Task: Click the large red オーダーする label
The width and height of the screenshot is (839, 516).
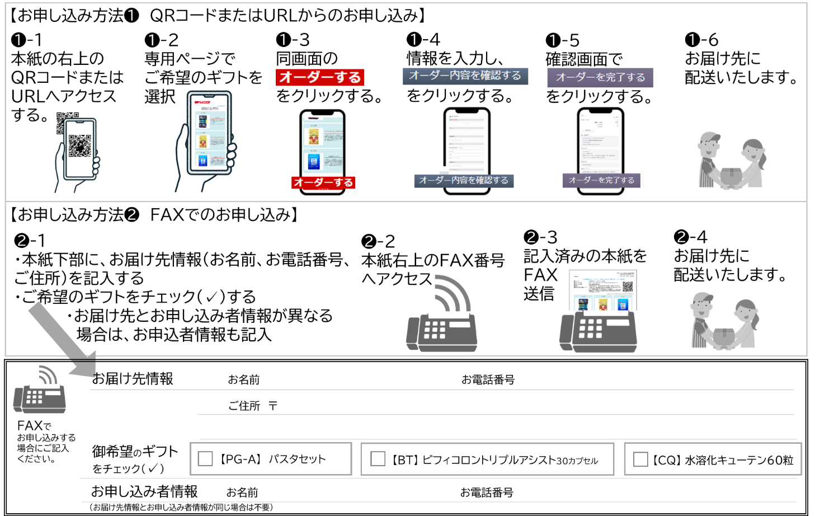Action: coord(320,77)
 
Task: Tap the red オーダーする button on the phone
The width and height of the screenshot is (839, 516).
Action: coord(323,182)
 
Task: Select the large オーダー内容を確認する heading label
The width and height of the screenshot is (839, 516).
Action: coord(465,76)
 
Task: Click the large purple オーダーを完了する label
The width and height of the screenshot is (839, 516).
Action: coord(600,78)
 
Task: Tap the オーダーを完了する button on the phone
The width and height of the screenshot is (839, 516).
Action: coord(601,180)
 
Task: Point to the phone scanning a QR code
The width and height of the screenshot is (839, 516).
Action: coord(78,154)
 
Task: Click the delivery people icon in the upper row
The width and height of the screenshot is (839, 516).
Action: coord(731,160)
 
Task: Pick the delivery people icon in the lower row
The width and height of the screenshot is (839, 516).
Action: coord(724,320)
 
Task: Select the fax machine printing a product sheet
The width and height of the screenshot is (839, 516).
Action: coord(598,330)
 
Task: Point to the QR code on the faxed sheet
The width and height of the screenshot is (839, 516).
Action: coord(628,287)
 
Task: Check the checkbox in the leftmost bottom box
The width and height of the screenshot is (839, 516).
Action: coord(205,459)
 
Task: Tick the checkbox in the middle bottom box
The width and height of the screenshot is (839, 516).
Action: coord(378,459)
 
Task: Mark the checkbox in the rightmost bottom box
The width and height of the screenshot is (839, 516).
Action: coord(640,459)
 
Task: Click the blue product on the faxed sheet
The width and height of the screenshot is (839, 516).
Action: coord(622,304)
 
